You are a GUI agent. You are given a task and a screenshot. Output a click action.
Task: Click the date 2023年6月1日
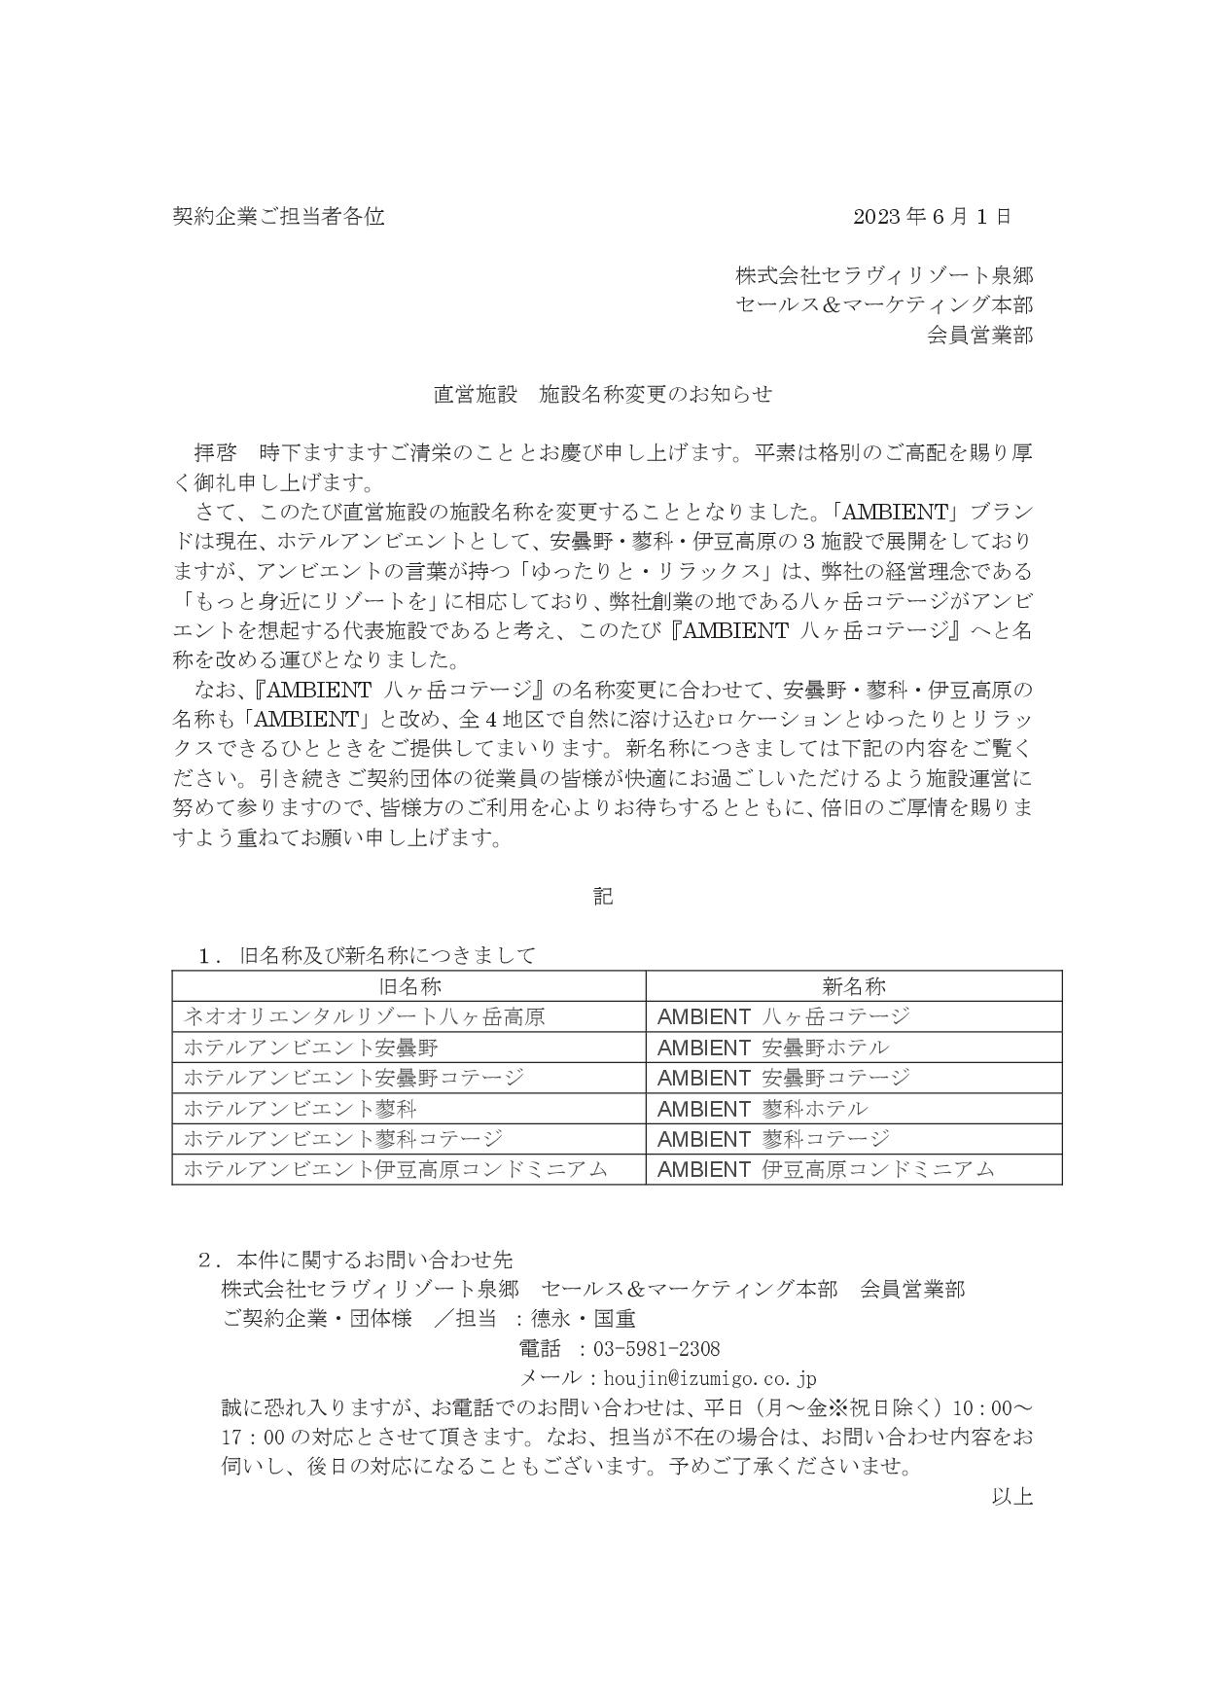[932, 216]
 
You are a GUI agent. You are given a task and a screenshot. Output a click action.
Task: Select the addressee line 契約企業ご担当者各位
[278, 216]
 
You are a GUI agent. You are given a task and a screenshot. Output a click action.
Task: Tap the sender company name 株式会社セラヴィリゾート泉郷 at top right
[883, 275]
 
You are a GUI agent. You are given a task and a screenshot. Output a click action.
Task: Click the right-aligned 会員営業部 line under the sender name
[979, 336]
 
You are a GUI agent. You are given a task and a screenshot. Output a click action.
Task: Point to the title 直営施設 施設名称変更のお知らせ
[602, 394]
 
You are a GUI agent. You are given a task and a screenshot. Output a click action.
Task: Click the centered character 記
[603, 896]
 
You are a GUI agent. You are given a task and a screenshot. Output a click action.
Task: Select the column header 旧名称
[409, 986]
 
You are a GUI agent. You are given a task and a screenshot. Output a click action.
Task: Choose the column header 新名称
[854, 986]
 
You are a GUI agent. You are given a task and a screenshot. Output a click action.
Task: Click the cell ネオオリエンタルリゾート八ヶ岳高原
[364, 1016]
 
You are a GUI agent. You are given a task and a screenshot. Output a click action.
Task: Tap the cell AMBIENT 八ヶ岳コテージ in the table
[784, 1016]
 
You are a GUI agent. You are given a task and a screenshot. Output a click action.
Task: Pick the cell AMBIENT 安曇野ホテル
[773, 1048]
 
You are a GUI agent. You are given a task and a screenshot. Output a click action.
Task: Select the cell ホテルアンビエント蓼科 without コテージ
[301, 1108]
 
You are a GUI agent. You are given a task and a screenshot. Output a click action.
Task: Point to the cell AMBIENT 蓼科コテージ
[773, 1139]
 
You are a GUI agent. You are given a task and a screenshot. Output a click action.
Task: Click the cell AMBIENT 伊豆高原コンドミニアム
[826, 1169]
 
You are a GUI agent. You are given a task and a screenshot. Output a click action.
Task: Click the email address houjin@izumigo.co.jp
[710, 1378]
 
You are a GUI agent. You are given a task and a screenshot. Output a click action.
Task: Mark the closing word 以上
[1011, 1496]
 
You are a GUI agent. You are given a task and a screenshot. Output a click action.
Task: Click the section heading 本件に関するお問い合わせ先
[374, 1260]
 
